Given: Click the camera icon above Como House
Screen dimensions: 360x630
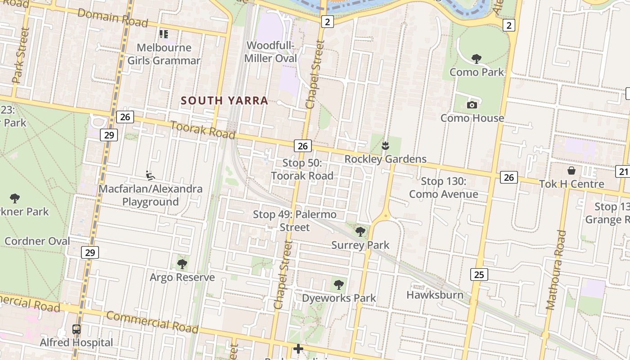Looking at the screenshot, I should pyautogui.click(x=472, y=105).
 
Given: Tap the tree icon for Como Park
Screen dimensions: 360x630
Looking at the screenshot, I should pyautogui.click(x=476, y=58).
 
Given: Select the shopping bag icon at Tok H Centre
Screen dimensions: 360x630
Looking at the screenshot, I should pyautogui.click(x=571, y=171).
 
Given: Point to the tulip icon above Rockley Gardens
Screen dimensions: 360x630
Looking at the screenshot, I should pyautogui.click(x=385, y=146).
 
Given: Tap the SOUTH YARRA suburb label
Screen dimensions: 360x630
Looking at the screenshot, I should pyautogui.click(x=224, y=100).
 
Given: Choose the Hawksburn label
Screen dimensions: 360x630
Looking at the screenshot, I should pyautogui.click(x=435, y=295).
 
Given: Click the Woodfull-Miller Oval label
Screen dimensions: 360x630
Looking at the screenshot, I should pyautogui.click(x=271, y=52).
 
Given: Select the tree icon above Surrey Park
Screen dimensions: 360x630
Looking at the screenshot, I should pyautogui.click(x=360, y=232).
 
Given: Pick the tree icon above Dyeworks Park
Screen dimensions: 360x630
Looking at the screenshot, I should pyautogui.click(x=338, y=284).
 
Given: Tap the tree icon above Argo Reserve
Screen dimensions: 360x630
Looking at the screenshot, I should pyautogui.click(x=182, y=264).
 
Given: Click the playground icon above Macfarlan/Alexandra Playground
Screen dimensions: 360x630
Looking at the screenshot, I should pyautogui.click(x=150, y=175).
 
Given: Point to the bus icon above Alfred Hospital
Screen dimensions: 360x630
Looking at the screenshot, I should pyautogui.click(x=76, y=329).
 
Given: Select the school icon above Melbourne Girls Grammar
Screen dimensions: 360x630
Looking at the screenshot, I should pyautogui.click(x=163, y=34).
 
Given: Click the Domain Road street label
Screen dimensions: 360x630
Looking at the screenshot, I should pyautogui.click(x=112, y=18).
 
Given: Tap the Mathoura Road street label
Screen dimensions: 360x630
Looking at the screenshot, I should pyautogui.click(x=556, y=270).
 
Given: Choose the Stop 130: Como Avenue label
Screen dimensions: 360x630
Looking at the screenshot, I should pyautogui.click(x=443, y=188).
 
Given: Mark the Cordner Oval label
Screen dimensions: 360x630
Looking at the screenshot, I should pyautogui.click(x=37, y=241).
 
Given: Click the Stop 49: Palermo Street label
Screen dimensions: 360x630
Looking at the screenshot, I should pyautogui.click(x=295, y=220).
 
